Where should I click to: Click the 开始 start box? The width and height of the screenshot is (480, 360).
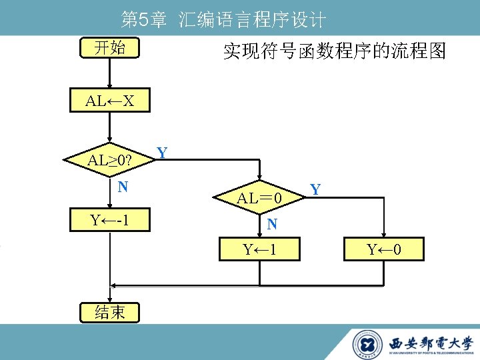pos(110,48)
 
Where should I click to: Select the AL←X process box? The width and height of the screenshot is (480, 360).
pos(110,101)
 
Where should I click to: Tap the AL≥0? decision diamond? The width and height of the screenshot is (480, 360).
pos(110,161)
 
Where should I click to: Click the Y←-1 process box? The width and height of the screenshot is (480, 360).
pos(110,219)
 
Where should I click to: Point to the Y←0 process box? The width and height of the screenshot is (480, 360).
pos(383,250)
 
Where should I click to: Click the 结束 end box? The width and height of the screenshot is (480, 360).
pos(110,312)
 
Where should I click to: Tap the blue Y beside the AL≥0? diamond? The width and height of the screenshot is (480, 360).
pos(161,153)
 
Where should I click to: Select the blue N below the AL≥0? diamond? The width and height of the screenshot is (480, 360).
pos(123,187)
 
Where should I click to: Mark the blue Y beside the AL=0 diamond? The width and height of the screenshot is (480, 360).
pos(316,191)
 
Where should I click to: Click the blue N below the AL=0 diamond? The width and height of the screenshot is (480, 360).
pos(272,225)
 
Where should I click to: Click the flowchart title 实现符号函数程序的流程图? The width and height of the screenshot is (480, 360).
pos(334,51)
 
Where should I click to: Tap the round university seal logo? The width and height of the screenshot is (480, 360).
pos(367,344)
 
